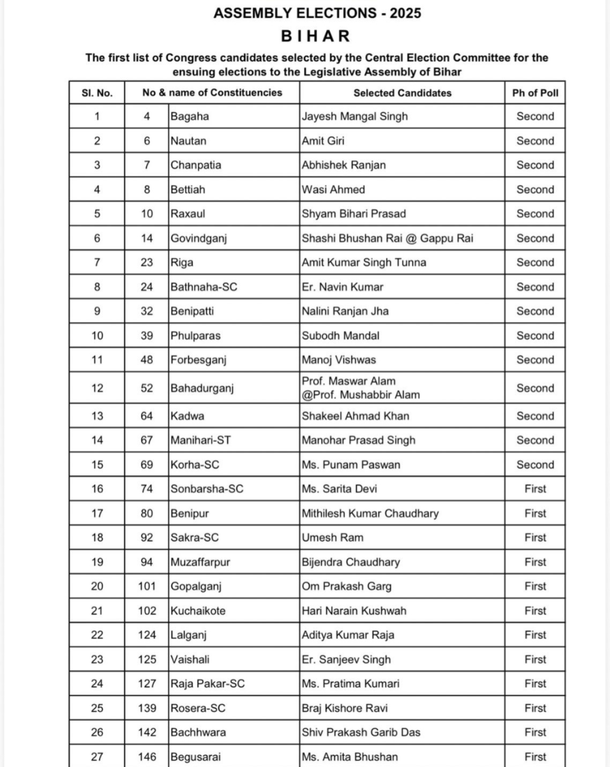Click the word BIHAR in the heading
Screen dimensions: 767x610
click(x=316, y=36)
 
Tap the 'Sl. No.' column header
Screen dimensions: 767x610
click(x=97, y=93)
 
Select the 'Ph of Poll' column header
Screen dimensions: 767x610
click(x=535, y=93)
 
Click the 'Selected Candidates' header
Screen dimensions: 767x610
click(x=402, y=93)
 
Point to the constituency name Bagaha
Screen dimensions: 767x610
click(x=190, y=117)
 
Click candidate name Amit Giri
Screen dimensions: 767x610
click(x=323, y=141)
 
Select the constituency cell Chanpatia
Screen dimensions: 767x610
click(x=196, y=165)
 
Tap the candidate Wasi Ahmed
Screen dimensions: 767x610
click(x=333, y=190)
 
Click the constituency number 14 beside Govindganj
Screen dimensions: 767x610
click(x=147, y=238)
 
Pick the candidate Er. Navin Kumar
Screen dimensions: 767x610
click(x=342, y=287)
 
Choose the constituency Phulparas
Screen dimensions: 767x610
click(x=195, y=336)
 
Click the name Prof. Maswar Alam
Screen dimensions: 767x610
click(x=348, y=381)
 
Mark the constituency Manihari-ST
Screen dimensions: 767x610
click(x=200, y=440)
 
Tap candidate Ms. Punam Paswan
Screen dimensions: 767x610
click(x=351, y=465)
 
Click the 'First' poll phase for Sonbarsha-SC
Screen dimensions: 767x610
click(x=535, y=489)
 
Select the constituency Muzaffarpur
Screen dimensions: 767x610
click(x=200, y=562)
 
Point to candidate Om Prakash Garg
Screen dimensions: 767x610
click(x=346, y=586)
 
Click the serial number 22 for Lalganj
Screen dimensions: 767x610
click(x=97, y=635)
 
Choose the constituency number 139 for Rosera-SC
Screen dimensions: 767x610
click(x=147, y=708)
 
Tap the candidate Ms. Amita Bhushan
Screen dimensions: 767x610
click(x=349, y=757)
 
